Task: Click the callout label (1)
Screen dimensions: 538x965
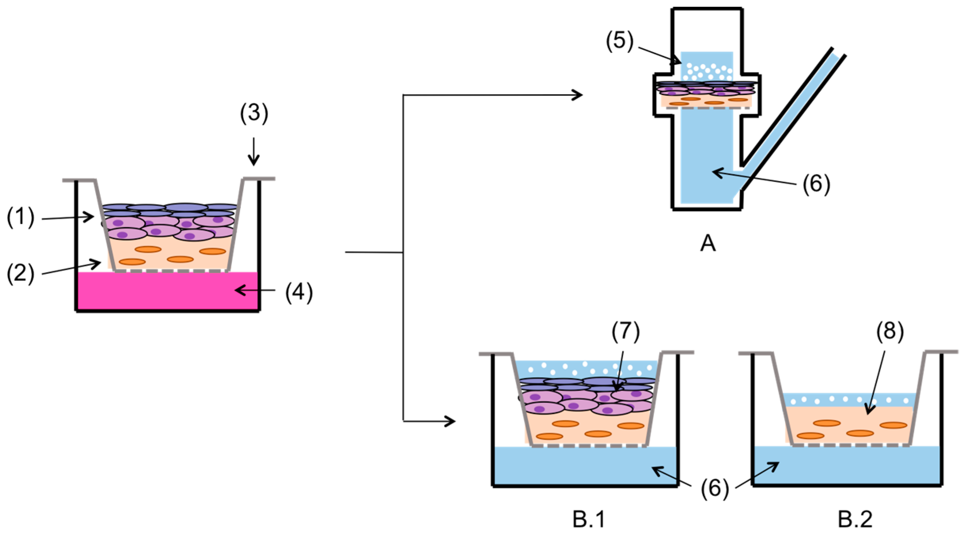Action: click(x=21, y=218)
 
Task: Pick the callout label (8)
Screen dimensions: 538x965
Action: click(x=890, y=331)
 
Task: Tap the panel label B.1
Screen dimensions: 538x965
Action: click(x=589, y=520)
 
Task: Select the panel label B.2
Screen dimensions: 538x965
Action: click(x=855, y=520)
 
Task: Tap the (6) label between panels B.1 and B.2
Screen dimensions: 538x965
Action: click(x=714, y=489)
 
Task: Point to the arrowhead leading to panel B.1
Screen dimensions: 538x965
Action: click(x=451, y=421)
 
